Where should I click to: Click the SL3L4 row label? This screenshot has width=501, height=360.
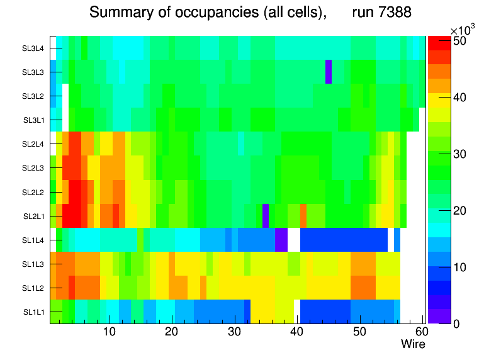click(x=34, y=48)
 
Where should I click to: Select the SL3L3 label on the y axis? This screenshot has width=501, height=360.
click(x=34, y=72)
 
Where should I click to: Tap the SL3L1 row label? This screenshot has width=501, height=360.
click(x=34, y=120)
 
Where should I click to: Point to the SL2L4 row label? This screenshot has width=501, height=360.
click(x=34, y=144)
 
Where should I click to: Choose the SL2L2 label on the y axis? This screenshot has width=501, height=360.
click(x=34, y=192)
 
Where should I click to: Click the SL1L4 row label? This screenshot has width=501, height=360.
click(x=34, y=240)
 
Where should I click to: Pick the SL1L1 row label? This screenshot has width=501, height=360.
click(x=34, y=312)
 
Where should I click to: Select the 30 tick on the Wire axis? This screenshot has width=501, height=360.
click(x=234, y=332)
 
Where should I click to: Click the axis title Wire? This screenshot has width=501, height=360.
click(x=413, y=344)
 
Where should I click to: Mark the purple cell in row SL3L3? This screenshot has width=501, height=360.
click(x=329, y=72)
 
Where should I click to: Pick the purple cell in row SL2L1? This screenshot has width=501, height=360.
click(x=266, y=215)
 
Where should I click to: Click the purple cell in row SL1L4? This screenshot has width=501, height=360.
click(x=281, y=240)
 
